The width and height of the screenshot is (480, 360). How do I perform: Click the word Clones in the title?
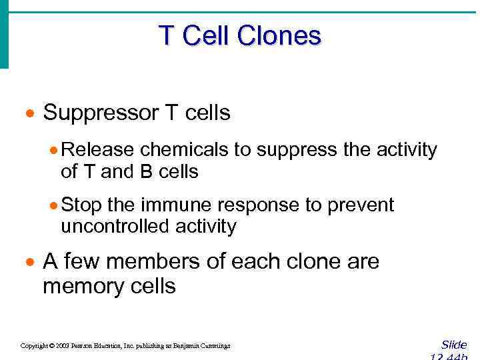[x=279, y=35]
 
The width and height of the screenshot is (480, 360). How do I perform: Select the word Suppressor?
[x=101, y=113]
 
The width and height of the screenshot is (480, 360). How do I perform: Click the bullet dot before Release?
[x=56, y=151]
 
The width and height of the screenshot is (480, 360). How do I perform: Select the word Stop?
[x=83, y=205]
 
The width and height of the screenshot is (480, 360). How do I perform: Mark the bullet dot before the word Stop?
[x=56, y=205]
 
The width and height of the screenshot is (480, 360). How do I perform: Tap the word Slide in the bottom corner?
[x=454, y=345]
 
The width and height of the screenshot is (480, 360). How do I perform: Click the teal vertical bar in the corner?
[x=4, y=33]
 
